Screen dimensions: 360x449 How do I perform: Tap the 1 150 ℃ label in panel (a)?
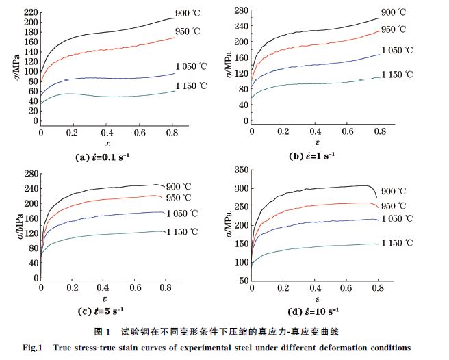(190, 86)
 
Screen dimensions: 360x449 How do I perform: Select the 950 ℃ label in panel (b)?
(394, 29)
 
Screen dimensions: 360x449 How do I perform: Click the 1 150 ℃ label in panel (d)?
(396, 243)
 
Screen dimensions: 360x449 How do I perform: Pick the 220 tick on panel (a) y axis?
(30, 12)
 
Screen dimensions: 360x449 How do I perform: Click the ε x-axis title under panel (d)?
(316, 298)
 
